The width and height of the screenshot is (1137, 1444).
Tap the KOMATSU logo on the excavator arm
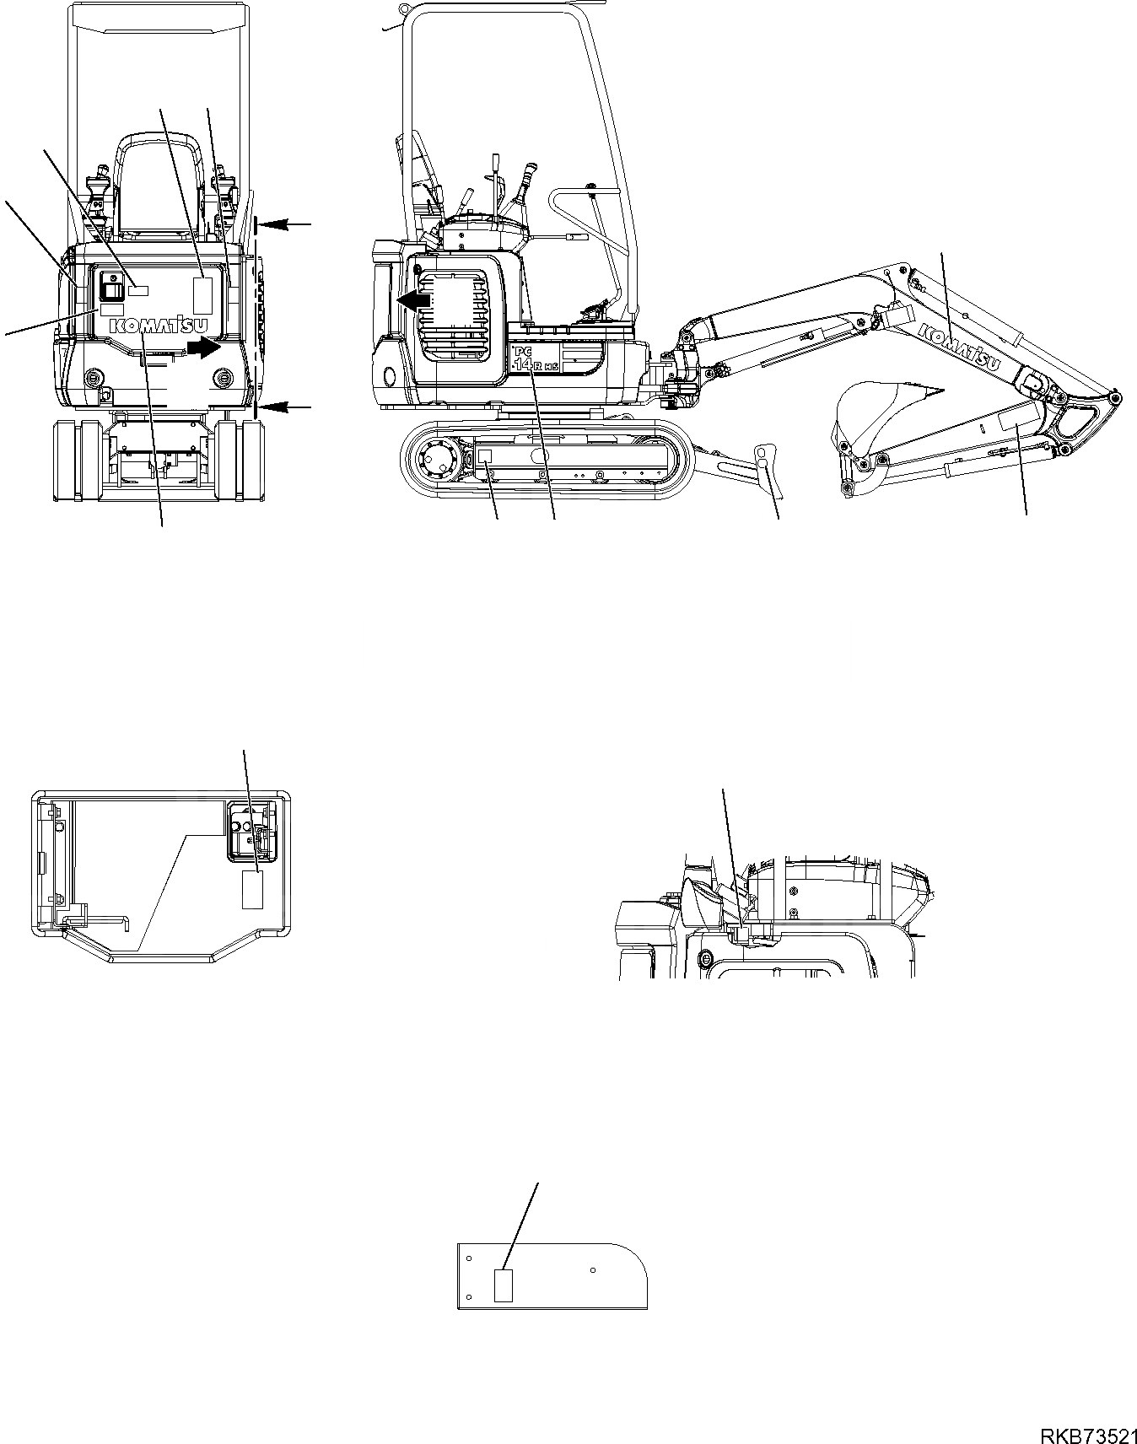(960, 346)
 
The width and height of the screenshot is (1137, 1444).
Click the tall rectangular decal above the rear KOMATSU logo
(202, 294)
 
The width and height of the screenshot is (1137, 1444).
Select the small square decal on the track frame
(485, 455)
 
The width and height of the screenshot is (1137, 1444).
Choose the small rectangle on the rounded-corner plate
(504, 1286)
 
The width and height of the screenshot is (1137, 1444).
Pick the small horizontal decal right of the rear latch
(137, 290)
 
